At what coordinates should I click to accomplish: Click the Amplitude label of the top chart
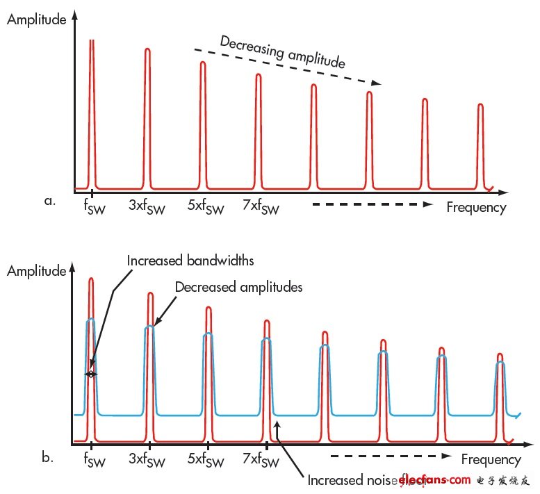(37, 19)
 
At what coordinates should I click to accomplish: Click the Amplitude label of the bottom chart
(37, 271)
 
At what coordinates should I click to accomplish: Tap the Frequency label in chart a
(476, 207)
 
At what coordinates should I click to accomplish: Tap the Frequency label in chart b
(491, 459)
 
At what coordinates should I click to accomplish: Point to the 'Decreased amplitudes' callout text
(238, 286)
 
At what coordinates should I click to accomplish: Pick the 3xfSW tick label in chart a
(148, 207)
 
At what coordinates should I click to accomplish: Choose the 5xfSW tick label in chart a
(206, 207)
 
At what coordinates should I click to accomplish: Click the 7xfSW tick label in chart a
(261, 207)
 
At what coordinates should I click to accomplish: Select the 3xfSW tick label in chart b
(148, 460)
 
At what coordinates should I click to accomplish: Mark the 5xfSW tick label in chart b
(206, 460)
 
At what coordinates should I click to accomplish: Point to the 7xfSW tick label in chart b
(261, 460)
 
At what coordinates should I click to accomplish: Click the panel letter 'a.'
(49, 201)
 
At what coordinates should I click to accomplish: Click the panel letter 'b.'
(49, 457)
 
